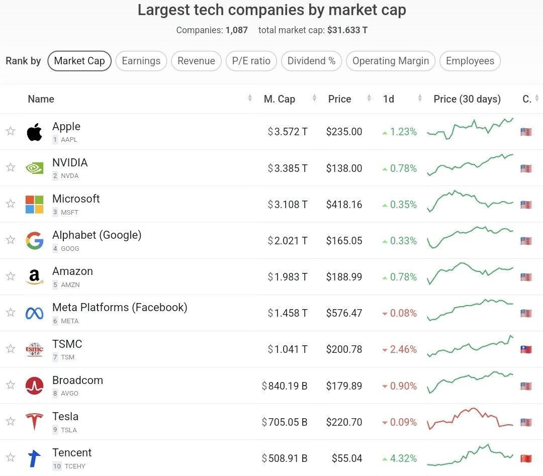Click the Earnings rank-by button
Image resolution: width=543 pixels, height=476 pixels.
(141, 61)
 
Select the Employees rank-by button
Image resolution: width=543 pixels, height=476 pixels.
(470, 61)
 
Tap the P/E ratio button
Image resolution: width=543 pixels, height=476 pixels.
(251, 61)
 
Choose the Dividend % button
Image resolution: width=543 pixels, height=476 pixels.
(311, 61)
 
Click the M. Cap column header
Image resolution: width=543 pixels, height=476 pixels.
(280, 99)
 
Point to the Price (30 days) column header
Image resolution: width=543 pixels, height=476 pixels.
(467, 99)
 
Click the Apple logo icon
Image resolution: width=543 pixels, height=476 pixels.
(34, 132)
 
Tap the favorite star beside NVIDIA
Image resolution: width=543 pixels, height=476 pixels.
(11, 167)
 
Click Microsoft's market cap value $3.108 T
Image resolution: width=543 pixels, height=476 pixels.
(288, 205)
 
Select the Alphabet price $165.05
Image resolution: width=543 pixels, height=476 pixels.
(344, 241)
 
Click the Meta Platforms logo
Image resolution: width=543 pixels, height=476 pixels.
(34, 313)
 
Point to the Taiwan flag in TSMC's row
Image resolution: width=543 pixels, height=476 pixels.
(526, 349)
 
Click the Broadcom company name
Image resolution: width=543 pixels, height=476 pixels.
(77, 380)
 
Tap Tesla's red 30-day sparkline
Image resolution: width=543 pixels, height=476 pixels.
(470, 419)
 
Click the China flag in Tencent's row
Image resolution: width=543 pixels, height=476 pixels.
(526, 458)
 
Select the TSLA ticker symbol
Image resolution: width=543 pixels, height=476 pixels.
(69, 430)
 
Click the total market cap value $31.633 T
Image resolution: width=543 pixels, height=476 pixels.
(347, 30)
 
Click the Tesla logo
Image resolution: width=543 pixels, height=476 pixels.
(34, 421)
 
